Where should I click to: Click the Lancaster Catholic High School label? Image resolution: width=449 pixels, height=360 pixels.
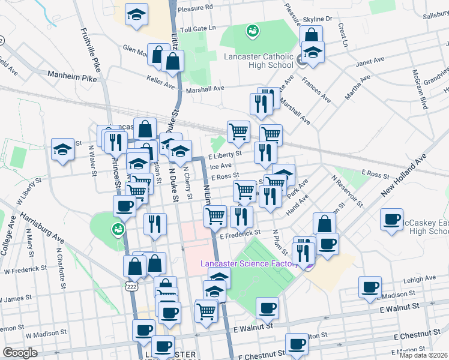click(258, 61)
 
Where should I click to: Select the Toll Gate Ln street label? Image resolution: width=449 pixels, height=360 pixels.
click(197, 29)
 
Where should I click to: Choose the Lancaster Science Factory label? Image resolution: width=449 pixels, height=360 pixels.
click(249, 263)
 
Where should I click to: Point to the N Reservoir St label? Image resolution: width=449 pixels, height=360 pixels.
click(347, 191)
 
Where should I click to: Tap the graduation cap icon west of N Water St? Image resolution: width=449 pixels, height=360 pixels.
click(62, 151)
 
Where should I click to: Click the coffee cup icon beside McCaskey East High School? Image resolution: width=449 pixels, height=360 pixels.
click(392, 220)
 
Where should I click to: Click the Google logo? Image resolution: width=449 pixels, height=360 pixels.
click(20, 353)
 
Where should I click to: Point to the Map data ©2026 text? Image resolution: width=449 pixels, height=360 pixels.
click(424, 355)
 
